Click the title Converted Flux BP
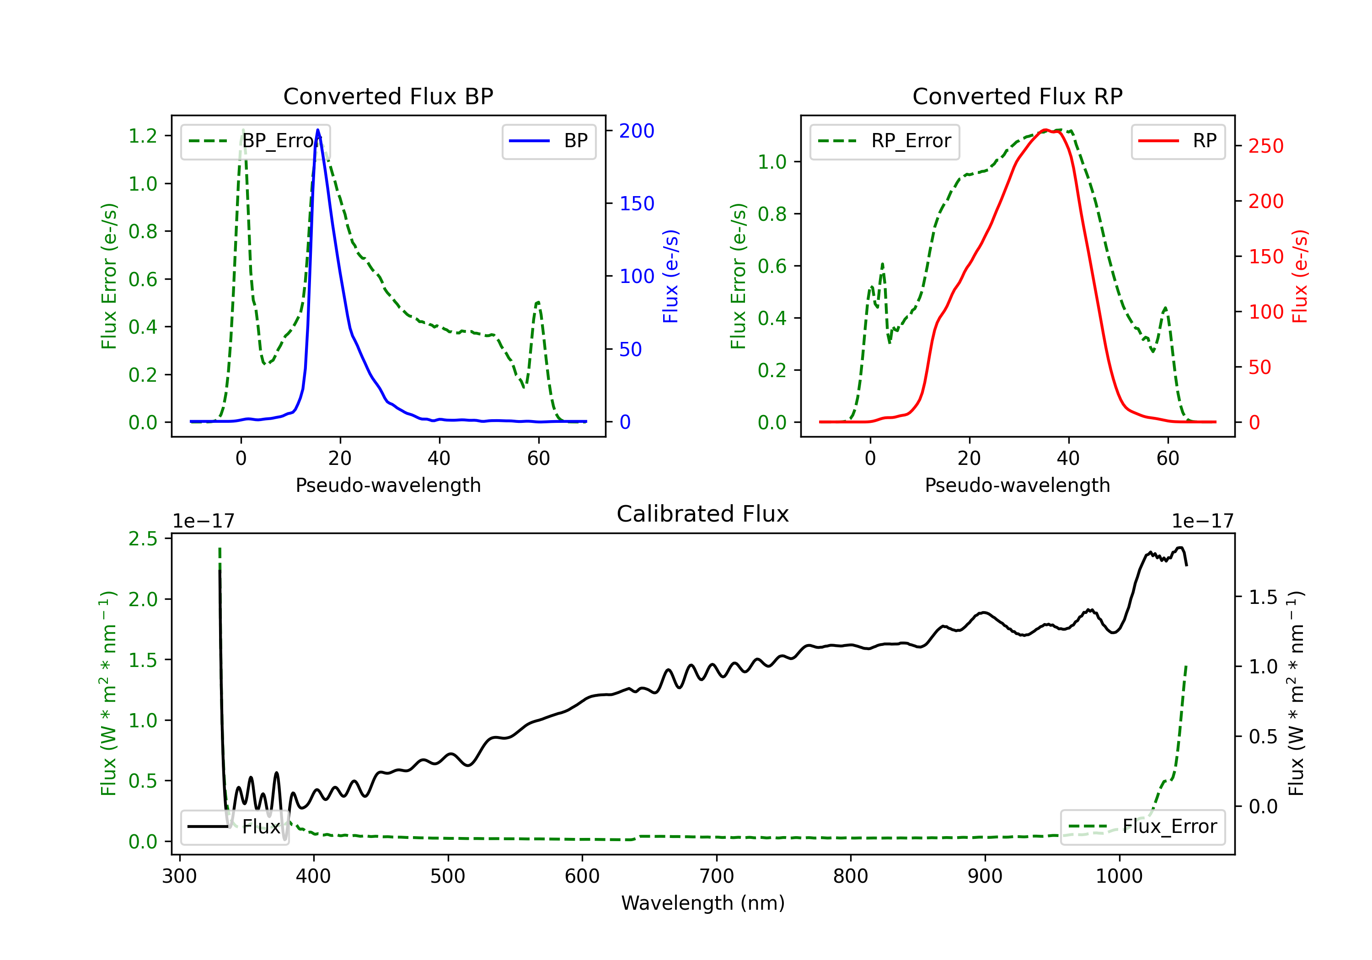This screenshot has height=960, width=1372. (388, 96)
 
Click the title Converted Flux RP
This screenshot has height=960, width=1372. (1017, 96)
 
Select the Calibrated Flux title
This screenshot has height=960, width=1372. (703, 514)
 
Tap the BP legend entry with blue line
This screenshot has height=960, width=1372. (548, 141)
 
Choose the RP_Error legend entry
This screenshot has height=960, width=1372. (884, 141)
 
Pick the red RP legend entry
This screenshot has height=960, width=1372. (1178, 141)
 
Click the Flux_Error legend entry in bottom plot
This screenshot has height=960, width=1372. (1142, 827)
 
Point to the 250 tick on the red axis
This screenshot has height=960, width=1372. (1265, 146)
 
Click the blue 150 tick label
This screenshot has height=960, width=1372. (637, 204)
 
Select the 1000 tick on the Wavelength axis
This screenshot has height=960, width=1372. (1119, 876)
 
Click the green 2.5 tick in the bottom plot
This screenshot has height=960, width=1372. (143, 539)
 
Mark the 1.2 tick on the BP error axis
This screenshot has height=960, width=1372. (143, 136)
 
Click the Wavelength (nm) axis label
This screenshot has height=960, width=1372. (703, 903)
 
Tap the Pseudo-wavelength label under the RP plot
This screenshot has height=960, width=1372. (1017, 485)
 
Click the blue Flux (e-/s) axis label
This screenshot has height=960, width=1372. (670, 277)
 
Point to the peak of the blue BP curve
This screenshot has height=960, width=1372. (318, 130)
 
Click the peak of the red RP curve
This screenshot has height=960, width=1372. (1045, 130)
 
